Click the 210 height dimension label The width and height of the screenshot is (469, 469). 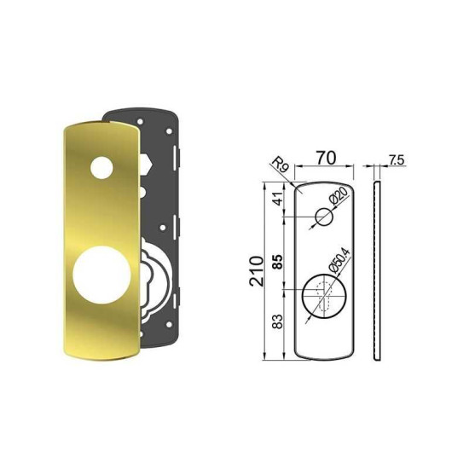tap(258, 271)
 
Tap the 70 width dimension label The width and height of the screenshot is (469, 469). tap(326, 158)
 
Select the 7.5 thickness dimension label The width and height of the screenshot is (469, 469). tap(397, 160)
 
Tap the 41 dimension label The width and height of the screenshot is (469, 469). tap(278, 199)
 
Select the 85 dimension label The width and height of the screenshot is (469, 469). tap(278, 262)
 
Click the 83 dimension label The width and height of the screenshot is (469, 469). tap(278, 321)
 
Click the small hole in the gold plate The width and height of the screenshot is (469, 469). tap(101, 168)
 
